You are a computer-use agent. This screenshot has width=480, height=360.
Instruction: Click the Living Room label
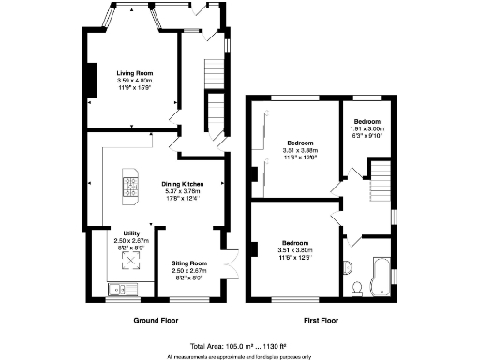(x=135, y=72)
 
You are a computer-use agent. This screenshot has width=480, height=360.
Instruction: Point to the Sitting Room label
(x=189, y=263)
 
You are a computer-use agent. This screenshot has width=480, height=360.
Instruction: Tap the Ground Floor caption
(x=157, y=321)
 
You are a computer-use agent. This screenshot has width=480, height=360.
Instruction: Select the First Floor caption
(x=322, y=321)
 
